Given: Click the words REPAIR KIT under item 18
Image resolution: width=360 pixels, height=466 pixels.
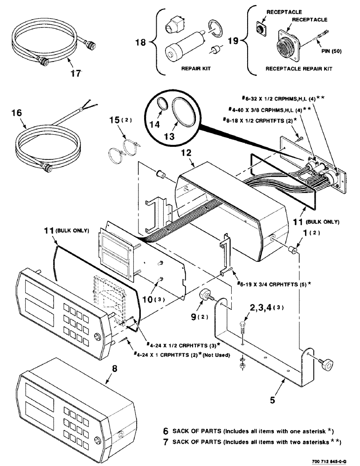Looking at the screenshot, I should click(196, 69).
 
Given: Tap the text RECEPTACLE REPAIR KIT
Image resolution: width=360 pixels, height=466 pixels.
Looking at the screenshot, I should click(298, 69).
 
